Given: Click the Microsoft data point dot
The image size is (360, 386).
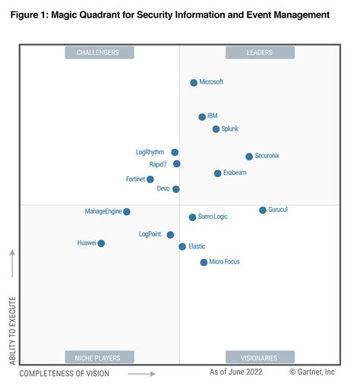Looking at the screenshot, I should point(194,83).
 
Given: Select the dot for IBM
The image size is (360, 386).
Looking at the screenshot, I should point(202,117).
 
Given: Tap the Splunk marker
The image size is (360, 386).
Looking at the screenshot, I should point(216,129).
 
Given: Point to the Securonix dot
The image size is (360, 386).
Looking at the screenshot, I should point(249,157).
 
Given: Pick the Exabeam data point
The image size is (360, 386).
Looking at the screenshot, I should point(218,173).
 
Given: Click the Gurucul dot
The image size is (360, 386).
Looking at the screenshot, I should point(263,210).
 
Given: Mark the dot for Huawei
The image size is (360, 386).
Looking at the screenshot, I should point(101,243).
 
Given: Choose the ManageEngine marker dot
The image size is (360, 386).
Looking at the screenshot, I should point(127,211).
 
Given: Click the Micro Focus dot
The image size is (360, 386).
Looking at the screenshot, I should point(204,262).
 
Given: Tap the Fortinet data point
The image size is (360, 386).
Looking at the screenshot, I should point(150,179).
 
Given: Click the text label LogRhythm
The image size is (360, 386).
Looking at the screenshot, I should point(150,152).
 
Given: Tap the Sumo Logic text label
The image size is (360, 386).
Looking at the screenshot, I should point(213,217).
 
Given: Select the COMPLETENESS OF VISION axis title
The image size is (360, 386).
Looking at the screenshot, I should point(64,374).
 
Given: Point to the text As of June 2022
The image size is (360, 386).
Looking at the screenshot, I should point(237,373).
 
